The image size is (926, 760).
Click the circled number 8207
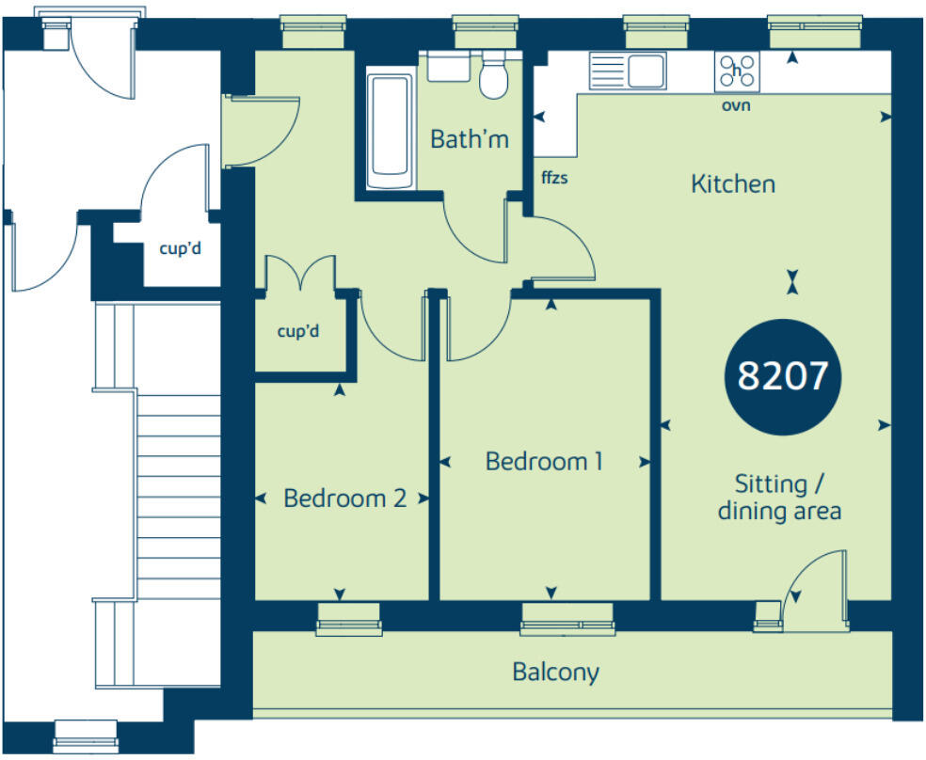click(x=782, y=377)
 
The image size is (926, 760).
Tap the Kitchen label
click(x=733, y=183)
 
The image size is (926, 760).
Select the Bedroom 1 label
click(x=543, y=462)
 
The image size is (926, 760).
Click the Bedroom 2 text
click(x=344, y=498)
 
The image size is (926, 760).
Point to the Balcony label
click(x=555, y=673)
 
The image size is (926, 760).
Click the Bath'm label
click(x=469, y=140)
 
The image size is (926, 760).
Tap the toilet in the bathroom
click(x=493, y=75)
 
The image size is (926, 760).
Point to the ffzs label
click(x=554, y=175)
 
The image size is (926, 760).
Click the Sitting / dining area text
click(x=778, y=499)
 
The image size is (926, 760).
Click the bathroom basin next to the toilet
click(x=448, y=66)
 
